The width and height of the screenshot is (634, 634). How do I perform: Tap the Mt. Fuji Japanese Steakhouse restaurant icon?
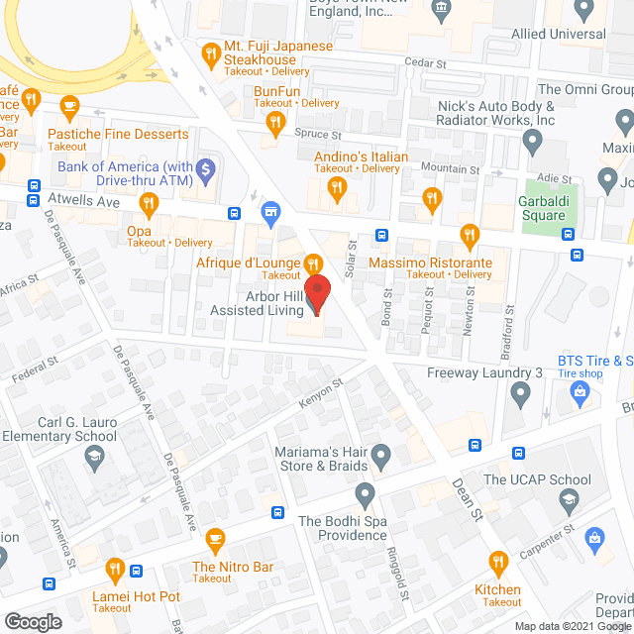point(210,53)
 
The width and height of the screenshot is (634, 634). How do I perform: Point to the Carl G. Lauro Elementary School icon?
point(93,457)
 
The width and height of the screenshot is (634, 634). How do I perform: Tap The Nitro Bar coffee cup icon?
point(215,539)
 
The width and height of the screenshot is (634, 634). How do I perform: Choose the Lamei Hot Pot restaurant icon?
point(115,570)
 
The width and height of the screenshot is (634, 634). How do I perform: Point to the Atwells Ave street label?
point(83,199)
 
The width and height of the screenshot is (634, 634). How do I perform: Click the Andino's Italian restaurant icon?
point(336,188)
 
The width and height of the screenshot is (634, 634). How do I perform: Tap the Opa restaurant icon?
point(150,205)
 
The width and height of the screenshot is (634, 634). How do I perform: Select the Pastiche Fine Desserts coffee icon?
point(68,104)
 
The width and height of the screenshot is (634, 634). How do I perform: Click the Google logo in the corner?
point(32,621)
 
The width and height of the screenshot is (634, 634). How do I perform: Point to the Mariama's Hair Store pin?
point(381,456)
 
